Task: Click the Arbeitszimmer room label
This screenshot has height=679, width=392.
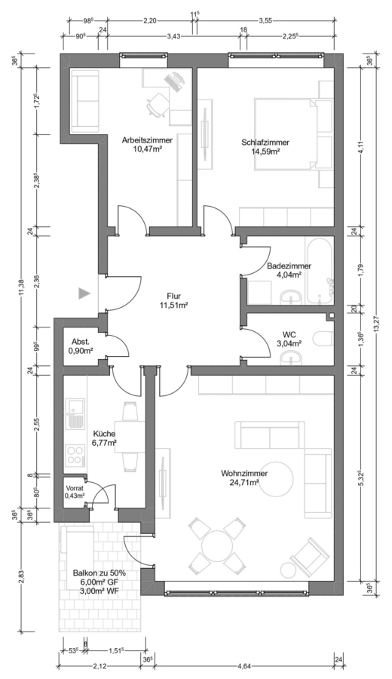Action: point(147,140)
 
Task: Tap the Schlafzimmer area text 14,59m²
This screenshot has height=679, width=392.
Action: point(265,151)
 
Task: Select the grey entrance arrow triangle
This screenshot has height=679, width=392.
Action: point(84,294)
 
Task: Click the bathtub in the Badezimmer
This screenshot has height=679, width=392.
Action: point(319,271)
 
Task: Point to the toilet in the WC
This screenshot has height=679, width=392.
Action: point(323,338)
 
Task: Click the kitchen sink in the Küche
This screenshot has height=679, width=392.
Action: point(75,413)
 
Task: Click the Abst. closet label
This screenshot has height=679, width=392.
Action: point(81,342)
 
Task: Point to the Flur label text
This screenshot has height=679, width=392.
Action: point(173,296)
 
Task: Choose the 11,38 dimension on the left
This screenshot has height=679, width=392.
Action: point(23,287)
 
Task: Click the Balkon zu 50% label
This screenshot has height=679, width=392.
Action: point(99,573)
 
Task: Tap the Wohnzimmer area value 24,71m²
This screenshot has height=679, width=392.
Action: point(244,481)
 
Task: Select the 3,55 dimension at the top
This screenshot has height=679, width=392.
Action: point(265,20)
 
